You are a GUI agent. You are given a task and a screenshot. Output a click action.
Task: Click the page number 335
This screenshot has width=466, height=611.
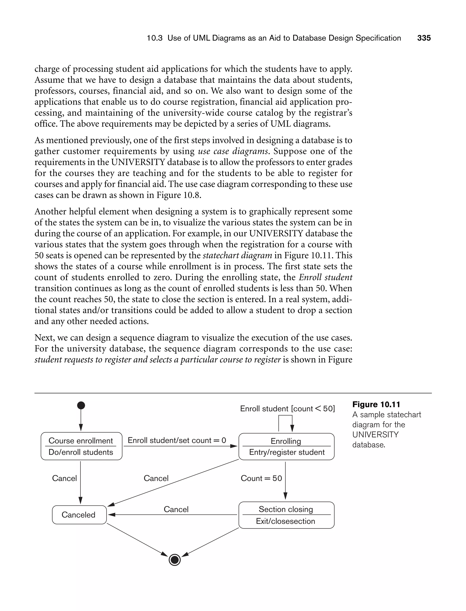click(x=424, y=38)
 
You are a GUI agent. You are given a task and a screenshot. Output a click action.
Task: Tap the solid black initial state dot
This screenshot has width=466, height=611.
click(x=81, y=405)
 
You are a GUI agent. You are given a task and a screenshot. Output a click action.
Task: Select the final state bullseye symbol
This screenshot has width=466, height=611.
click(x=175, y=560)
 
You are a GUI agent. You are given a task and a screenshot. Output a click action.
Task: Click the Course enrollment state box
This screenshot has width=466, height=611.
click(x=81, y=446)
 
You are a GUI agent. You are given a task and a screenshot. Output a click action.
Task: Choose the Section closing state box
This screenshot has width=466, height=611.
click(x=286, y=515)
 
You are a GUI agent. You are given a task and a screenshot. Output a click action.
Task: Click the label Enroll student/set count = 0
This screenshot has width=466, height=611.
click(x=177, y=440)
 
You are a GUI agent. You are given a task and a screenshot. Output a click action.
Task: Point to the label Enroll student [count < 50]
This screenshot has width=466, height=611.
click(x=287, y=409)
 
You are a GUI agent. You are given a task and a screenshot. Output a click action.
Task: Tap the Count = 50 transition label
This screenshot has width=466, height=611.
click(x=261, y=478)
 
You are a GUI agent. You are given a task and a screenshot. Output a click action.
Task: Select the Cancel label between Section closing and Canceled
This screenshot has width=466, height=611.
click(x=176, y=509)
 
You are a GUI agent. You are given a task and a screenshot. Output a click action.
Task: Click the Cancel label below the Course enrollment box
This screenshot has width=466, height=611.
click(x=64, y=478)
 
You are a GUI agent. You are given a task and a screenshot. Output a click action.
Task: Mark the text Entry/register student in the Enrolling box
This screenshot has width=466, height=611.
click(x=286, y=452)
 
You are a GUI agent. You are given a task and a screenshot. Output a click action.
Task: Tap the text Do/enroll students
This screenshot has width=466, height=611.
click(x=81, y=452)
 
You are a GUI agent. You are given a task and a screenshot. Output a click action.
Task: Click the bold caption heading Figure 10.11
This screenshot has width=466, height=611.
click(x=376, y=405)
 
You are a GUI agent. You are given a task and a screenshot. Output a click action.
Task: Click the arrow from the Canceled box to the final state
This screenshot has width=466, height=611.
click(x=137, y=540)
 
